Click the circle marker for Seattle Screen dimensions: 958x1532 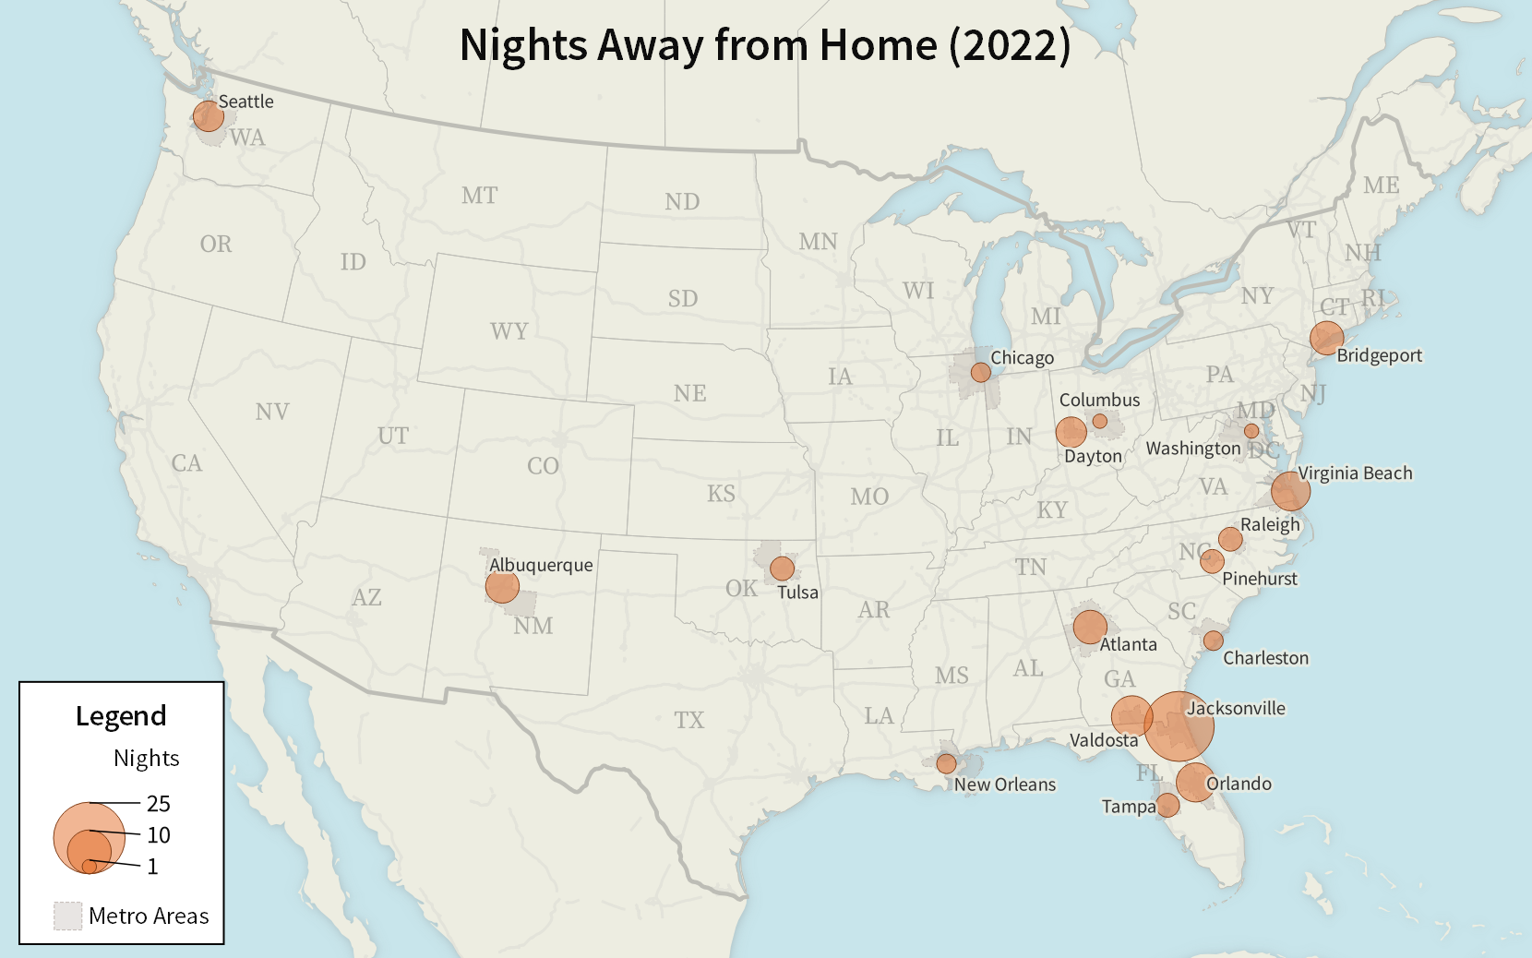click(209, 116)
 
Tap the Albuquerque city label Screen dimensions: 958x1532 click(541, 565)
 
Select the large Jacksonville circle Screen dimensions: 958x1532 click(1179, 725)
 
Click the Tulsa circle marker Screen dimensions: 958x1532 click(782, 568)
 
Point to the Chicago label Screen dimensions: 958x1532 click(1022, 357)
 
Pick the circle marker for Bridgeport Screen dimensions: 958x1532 click(1326, 338)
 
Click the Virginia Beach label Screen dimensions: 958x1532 click(1355, 473)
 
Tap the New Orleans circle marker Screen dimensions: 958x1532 click(946, 763)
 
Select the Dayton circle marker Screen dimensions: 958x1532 click(1071, 431)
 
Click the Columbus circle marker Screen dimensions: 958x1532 click(1100, 421)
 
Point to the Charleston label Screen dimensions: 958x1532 click(1265, 658)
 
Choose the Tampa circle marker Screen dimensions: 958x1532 click(1167, 805)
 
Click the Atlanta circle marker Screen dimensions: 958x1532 click(1090, 627)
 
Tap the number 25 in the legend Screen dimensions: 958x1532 click(159, 803)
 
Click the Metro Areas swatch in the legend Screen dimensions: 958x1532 click(68, 916)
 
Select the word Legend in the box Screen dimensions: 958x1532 click(121, 716)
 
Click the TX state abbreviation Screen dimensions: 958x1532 click(688, 720)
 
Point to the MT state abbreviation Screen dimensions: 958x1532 click(479, 196)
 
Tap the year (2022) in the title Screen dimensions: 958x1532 click(1010, 45)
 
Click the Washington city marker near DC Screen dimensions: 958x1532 click(1251, 431)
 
